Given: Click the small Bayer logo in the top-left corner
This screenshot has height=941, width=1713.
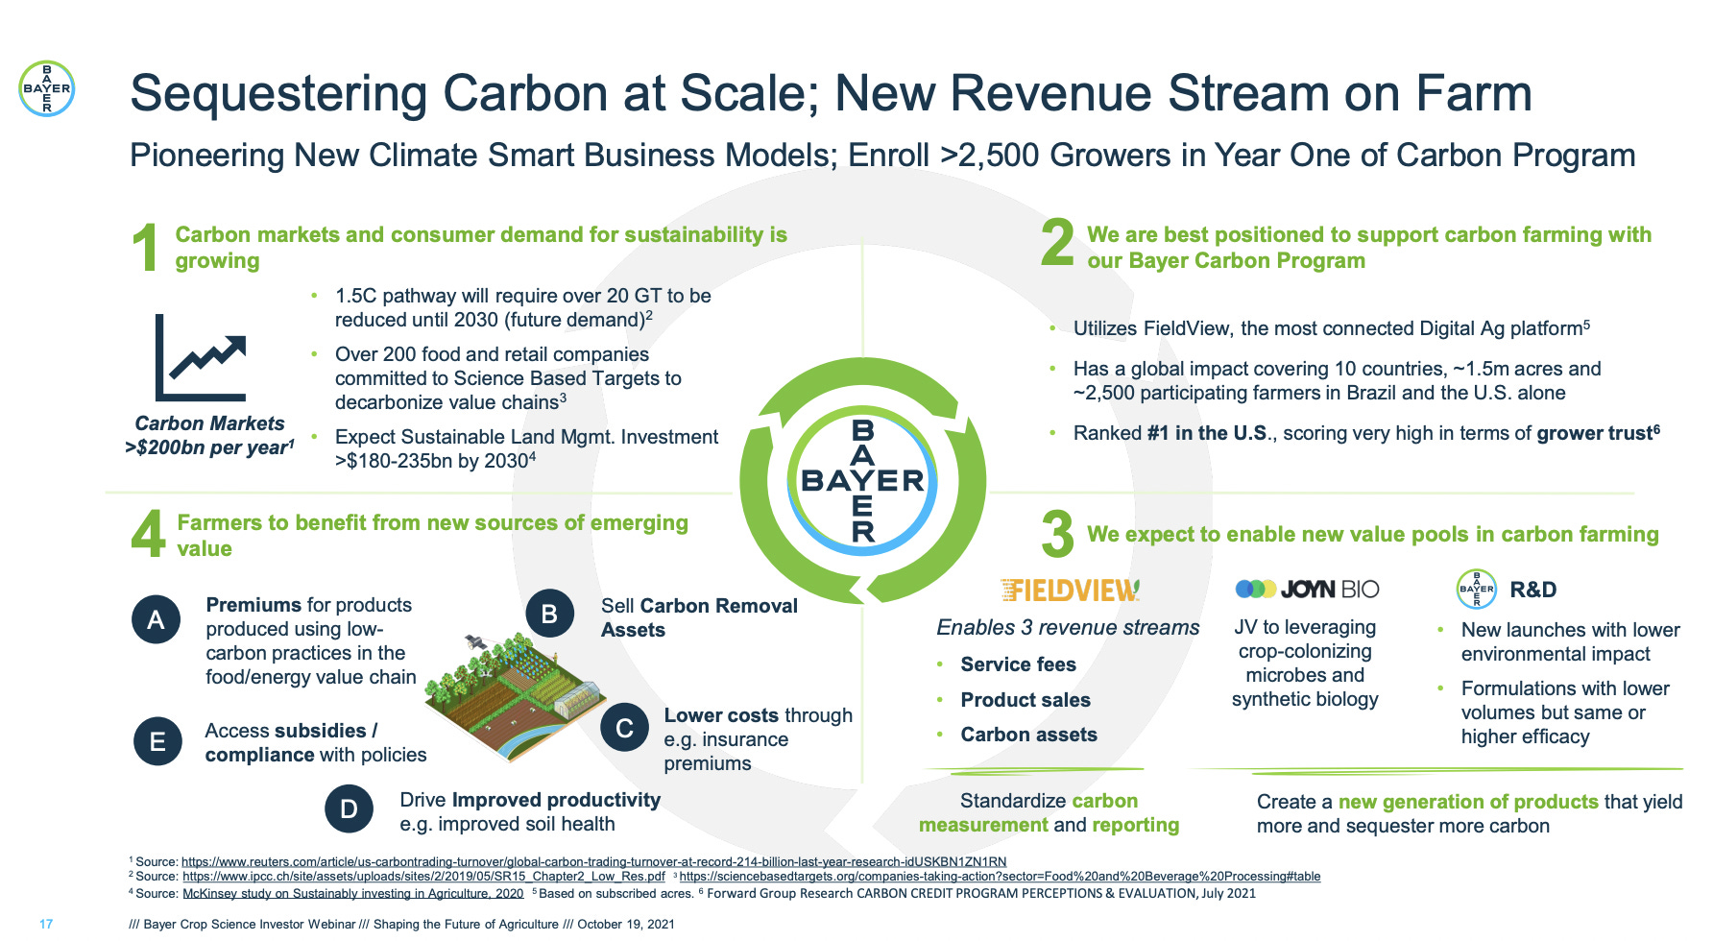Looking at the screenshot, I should pyautogui.click(x=46, y=88).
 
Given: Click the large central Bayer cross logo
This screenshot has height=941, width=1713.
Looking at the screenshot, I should pyautogui.click(x=862, y=480).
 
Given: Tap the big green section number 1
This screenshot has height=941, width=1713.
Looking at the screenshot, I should pyautogui.click(x=145, y=248).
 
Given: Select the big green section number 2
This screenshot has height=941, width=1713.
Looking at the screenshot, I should pyautogui.click(x=1057, y=242).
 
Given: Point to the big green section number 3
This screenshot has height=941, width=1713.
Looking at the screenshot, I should pyautogui.click(x=1057, y=534).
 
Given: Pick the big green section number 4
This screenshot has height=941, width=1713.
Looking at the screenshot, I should pyautogui.click(x=148, y=534).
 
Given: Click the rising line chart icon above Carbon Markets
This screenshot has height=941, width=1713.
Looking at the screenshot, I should pyautogui.click(x=203, y=357).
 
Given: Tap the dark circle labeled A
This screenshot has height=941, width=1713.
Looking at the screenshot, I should pyautogui.click(x=156, y=619).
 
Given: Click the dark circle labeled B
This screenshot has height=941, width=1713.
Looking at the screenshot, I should pyautogui.click(x=549, y=614).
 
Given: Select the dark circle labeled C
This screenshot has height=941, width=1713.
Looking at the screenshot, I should pyautogui.click(x=624, y=728).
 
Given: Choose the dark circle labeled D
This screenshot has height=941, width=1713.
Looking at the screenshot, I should pyautogui.click(x=349, y=809).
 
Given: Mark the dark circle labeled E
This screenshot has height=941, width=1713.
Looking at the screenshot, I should pyautogui.click(x=157, y=741).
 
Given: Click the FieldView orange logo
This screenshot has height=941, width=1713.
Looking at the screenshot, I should pyautogui.click(x=1069, y=590).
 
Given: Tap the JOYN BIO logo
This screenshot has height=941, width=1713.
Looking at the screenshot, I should pyautogui.click(x=1307, y=589).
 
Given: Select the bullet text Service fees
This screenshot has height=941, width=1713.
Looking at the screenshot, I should pyautogui.click(x=1018, y=664).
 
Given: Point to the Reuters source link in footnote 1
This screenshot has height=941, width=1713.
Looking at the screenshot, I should pyautogui.click(x=593, y=861).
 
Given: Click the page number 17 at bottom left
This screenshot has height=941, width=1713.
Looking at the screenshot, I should pyautogui.click(x=46, y=924).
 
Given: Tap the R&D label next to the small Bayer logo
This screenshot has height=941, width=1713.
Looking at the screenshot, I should pyautogui.click(x=1532, y=590).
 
